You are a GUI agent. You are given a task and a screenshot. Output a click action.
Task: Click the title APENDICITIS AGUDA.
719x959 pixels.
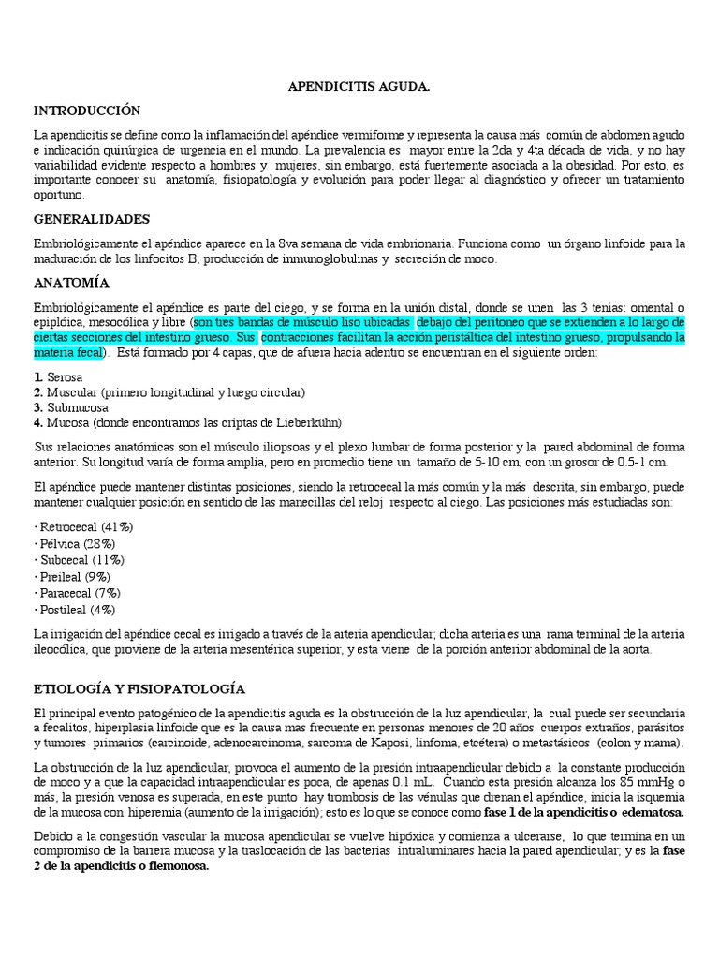tap(359, 87)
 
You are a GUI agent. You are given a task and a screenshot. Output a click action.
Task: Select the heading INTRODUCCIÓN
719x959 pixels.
tap(86, 111)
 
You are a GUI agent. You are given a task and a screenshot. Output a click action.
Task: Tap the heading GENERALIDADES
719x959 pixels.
tap(91, 219)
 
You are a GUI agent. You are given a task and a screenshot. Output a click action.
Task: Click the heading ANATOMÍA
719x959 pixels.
tap(71, 282)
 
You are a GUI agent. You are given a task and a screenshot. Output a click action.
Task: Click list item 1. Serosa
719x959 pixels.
tap(58, 376)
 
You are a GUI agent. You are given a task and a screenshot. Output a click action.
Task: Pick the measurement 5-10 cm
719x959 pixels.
tap(502, 462)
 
